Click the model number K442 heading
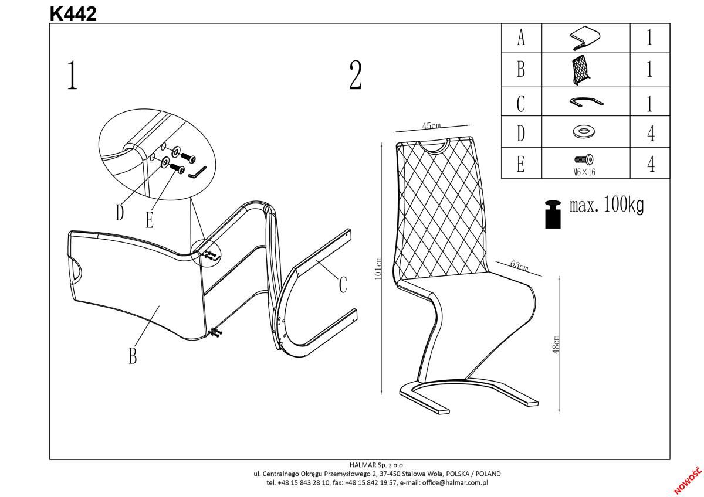73,13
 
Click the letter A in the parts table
521,39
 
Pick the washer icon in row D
584,132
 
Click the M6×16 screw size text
584,172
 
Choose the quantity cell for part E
650,163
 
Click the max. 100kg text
607,206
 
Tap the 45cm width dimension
431,126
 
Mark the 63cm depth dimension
519,265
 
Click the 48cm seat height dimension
556,344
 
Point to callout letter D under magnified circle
120,213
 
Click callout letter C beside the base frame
343,285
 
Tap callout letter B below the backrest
133,355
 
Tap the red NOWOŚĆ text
688,480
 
